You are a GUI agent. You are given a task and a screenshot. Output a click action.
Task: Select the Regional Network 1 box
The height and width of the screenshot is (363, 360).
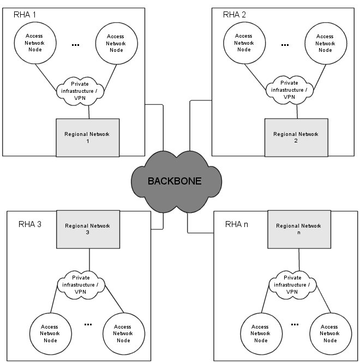pyautogui.click(x=88, y=137)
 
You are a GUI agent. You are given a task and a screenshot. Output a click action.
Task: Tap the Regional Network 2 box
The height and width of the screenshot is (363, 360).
pyautogui.click(x=296, y=137)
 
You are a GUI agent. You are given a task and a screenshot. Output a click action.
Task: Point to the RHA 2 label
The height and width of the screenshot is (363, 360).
pyautogui.click(x=235, y=14)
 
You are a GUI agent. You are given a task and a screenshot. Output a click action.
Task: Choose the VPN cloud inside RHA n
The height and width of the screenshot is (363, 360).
pyautogui.click(x=292, y=284)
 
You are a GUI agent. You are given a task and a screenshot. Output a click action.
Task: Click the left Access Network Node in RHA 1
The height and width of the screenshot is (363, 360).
pyautogui.click(x=34, y=43)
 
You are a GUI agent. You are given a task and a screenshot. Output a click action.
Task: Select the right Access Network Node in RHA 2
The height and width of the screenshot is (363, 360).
pyautogui.click(x=326, y=43)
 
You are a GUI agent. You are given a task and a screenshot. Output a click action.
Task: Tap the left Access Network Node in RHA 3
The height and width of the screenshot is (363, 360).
pyautogui.click(x=49, y=334)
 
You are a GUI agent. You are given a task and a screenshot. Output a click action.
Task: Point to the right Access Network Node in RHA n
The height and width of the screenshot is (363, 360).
pyautogui.click(x=329, y=334)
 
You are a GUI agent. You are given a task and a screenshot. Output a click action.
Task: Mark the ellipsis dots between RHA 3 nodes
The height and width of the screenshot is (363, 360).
pyautogui.click(x=88, y=324)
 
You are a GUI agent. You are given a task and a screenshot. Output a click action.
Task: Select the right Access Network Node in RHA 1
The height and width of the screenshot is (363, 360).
pyautogui.click(x=116, y=43)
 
